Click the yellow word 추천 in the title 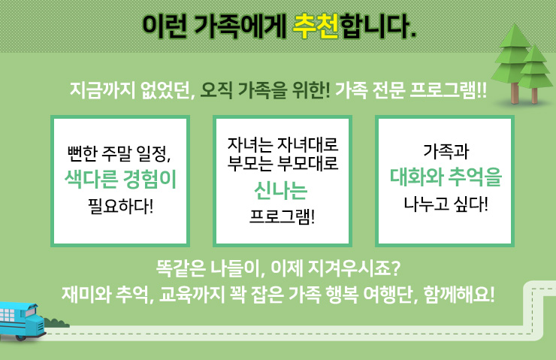pyautogui.click(x=316, y=26)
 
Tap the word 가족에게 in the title pyautogui.click(x=240, y=26)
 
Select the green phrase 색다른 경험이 pyautogui.click(x=120, y=179)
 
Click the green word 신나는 pyautogui.click(x=281, y=190)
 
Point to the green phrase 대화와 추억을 pyautogui.click(x=446, y=177)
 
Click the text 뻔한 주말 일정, pyautogui.click(x=119, y=153)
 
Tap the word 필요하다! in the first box pyautogui.click(x=120, y=206)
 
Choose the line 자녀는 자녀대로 pyautogui.click(x=283, y=144)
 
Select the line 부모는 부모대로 pyautogui.click(x=283, y=163)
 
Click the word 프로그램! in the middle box pyautogui.click(x=283, y=216)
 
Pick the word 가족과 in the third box pyautogui.click(x=446, y=152)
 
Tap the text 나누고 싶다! pyautogui.click(x=446, y=204)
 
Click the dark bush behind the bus pyautogui.click(x=56, y=322)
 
